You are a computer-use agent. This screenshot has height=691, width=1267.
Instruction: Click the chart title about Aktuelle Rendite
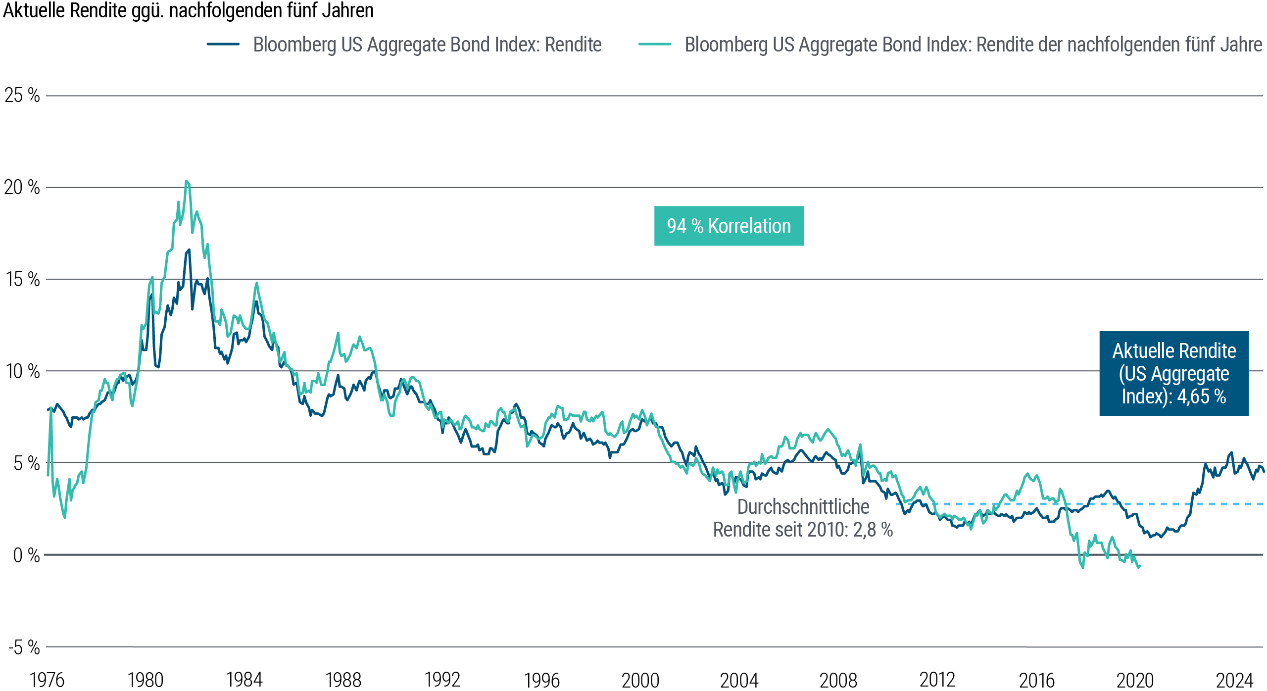188,11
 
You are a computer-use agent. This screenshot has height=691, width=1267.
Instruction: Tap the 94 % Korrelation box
729,226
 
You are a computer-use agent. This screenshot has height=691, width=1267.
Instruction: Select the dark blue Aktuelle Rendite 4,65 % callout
1174,373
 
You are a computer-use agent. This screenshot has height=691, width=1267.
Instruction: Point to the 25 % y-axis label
22,95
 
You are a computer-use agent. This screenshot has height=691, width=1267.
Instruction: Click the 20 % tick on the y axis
22,187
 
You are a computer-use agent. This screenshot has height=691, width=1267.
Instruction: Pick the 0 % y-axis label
26,555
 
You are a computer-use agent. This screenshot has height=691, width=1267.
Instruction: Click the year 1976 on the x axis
48,680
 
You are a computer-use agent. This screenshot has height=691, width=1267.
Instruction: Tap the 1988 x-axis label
343,680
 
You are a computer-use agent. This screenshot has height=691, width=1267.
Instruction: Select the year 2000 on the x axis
640,680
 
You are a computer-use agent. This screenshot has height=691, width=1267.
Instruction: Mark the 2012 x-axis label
937,680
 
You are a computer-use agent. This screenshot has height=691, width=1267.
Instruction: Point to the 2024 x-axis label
1234,680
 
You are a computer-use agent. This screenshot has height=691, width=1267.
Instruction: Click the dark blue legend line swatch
223,44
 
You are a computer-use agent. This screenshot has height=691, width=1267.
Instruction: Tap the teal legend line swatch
654,44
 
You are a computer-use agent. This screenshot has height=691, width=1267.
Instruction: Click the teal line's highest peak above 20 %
186,181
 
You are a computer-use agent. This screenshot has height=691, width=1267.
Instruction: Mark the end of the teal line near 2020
1139,567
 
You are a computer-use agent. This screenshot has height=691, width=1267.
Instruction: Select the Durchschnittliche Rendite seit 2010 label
803,518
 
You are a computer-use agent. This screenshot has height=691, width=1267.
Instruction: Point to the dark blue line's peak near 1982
189,249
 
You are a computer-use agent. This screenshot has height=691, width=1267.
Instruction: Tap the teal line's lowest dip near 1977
65,518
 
